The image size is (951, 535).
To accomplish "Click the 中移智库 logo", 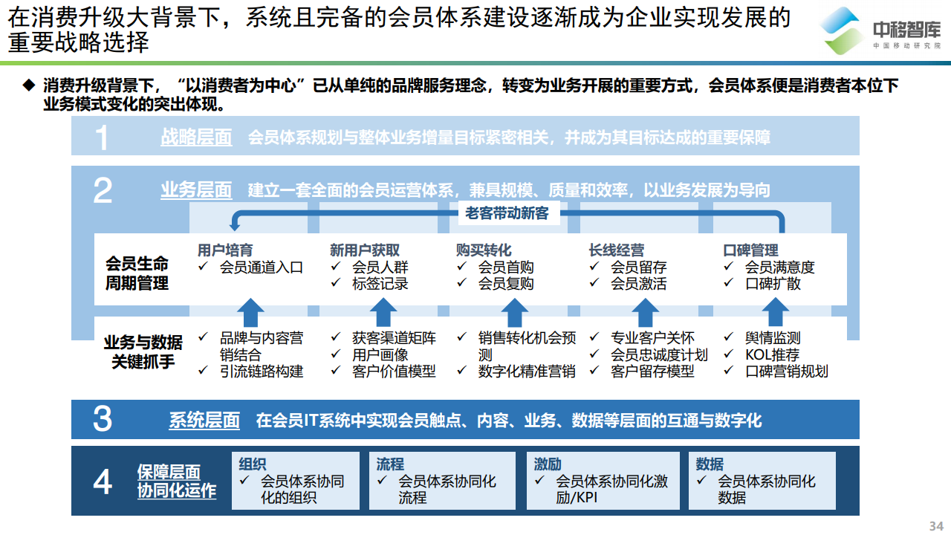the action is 881,30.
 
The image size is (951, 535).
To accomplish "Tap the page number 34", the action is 936,525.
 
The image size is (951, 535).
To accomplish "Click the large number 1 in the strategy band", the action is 102,137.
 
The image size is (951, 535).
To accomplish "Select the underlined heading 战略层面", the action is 196,137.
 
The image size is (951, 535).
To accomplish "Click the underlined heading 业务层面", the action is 196,189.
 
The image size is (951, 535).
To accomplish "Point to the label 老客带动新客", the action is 507,213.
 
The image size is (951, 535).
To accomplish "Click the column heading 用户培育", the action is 225,250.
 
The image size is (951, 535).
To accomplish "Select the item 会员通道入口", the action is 261,267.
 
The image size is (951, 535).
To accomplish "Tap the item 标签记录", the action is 380,283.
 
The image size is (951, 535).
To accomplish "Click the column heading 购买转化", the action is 484,250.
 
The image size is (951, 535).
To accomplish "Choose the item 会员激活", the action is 638,283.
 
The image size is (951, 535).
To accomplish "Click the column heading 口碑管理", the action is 750,250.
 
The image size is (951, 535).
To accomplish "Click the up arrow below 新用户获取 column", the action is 383,312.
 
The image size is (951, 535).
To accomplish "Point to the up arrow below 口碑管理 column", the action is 776,312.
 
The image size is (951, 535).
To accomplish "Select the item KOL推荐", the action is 772,354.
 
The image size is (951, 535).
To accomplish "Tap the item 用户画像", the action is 380,354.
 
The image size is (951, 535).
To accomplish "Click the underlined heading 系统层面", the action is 204,421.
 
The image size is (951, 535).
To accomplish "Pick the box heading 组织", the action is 252,464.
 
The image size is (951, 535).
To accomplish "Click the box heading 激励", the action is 548,464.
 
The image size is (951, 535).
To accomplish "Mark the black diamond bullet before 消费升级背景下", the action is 29,85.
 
